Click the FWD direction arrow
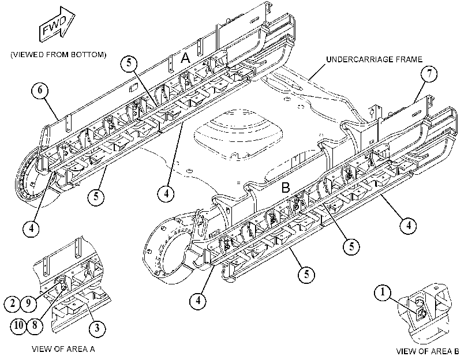tap(57, 24)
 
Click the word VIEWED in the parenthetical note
tap(28, 55)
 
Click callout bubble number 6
tap(40, 91)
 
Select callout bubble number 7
tap(429, 74)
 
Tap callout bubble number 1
tap(383, 292)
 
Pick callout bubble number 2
tap(12, 303)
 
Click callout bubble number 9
tap(28, 303)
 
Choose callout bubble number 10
tap(18, 325)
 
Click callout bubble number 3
tap(97, 328)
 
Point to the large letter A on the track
tap(185, 57)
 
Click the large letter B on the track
tap(286, 188)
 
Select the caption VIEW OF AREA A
tap(63, 349)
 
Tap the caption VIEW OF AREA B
tap(428, 352)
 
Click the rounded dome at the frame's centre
tap(238, 132)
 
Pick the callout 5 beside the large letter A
tap(129, 63)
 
